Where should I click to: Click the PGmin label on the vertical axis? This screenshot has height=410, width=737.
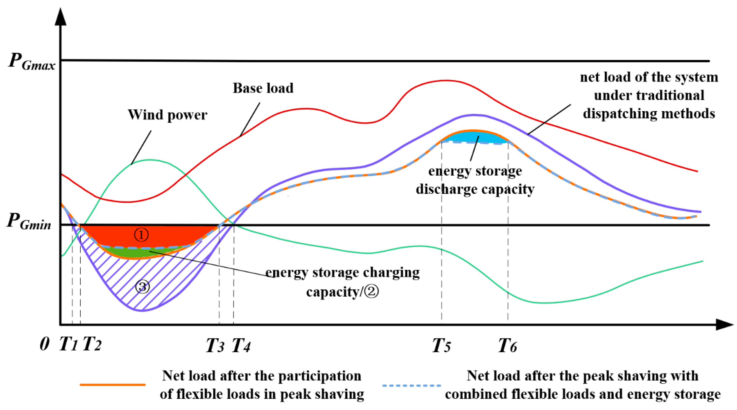tap(29, 221)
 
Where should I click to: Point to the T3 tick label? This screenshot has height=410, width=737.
tap(215, 346)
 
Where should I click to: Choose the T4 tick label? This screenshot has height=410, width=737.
tap(241, 346)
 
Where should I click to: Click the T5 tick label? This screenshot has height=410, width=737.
tap(441, 346)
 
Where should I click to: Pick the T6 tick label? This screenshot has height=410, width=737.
tap(507, 346)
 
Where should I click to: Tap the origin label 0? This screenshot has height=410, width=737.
tap(45, 344)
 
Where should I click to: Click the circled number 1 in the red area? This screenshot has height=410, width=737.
tap(141, 235)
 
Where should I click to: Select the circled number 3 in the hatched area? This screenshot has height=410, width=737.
tap(142, 287)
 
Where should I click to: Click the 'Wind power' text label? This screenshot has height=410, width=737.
tap(167, 115)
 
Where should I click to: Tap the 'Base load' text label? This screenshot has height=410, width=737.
tap(263, 88)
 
